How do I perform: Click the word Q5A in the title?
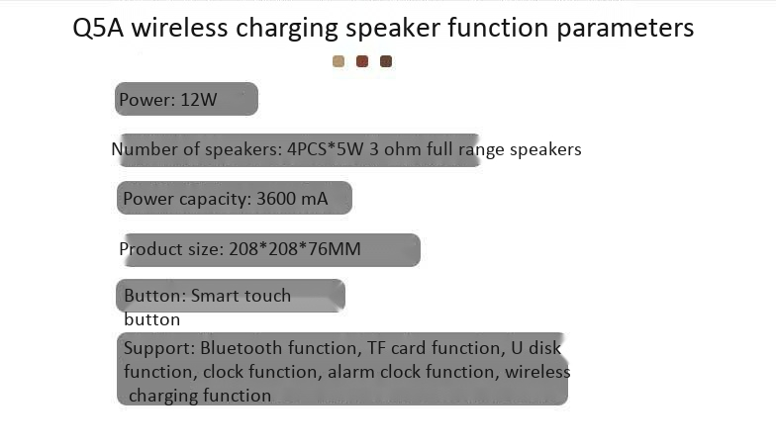coord(97,28)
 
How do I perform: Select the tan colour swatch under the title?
coord(339,61)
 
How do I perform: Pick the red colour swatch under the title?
coord(362,61)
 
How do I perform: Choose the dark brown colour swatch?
coord(386,61)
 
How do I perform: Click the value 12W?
coord(198,100)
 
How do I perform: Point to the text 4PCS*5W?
coord(326,149)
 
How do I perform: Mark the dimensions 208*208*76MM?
coord(295,249)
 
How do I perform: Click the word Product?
coord(146,249)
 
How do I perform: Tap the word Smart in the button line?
coord(214,296)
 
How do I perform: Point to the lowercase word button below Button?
coord(152,320)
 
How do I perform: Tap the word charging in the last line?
coord(156,396)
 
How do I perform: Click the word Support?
coord(159,349)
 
